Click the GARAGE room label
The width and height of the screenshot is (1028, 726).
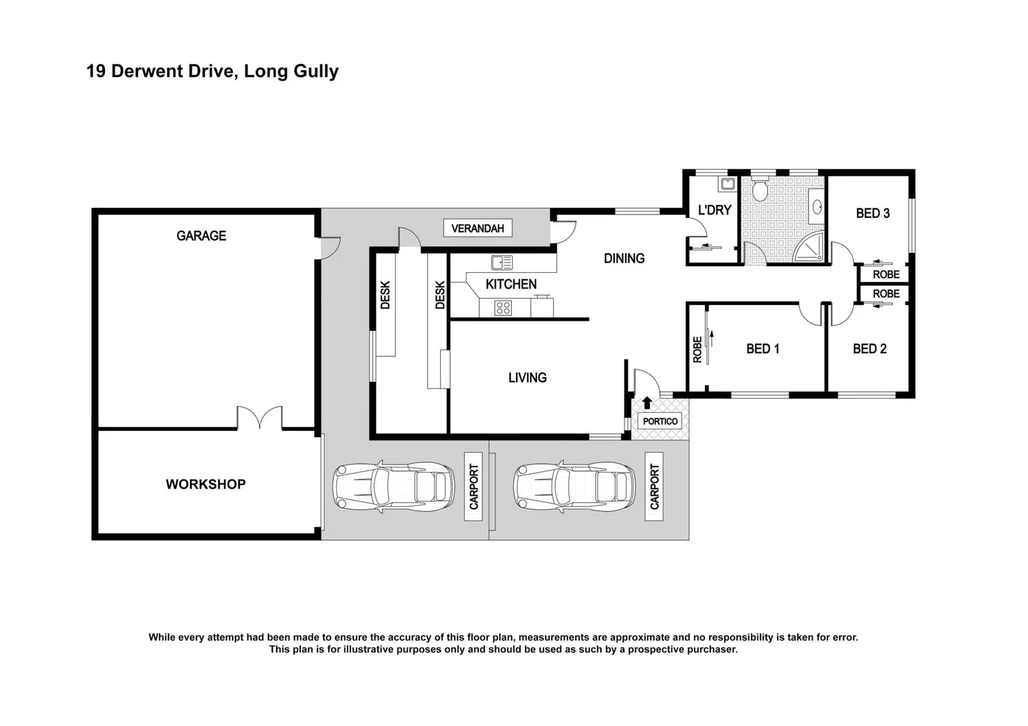pyautogui.click(x=201, y=236)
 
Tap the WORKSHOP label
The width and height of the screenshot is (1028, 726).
pyautogui.click(x=205, y=484)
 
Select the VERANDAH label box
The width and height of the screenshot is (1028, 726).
pyautogui.click(x=478, y=229)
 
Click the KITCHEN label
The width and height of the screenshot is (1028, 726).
pyautogui.click(x=511, y=284)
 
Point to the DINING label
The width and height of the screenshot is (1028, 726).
pyautogui.click(x=624, y=258)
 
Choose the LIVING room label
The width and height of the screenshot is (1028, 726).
pyautogui.click(x=527, y=378)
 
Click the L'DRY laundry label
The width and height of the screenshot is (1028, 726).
pyautogui.click(x=714, y=210)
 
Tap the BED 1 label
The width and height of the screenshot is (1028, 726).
pyautogui.click(x=762, y=349)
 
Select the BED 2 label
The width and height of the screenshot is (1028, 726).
pyautogui.click(x=869, y=349)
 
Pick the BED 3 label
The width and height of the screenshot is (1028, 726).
pyautogui.click(x=873, y=213)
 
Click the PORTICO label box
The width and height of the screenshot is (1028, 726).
pyautogui.click(x=660, y=421)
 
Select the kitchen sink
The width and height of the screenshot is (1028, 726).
pyautogui.click(x=502, y=262)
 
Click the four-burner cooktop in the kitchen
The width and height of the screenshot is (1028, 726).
pyautogui.click(x=503, y=308)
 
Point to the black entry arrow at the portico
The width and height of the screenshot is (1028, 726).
pyautogui.click(x=647, y=403)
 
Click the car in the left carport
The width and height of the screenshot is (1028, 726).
pyautogui.click(x=394, y=487)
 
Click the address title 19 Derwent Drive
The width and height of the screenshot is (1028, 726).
pyautogui.click(x=212, y=71)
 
